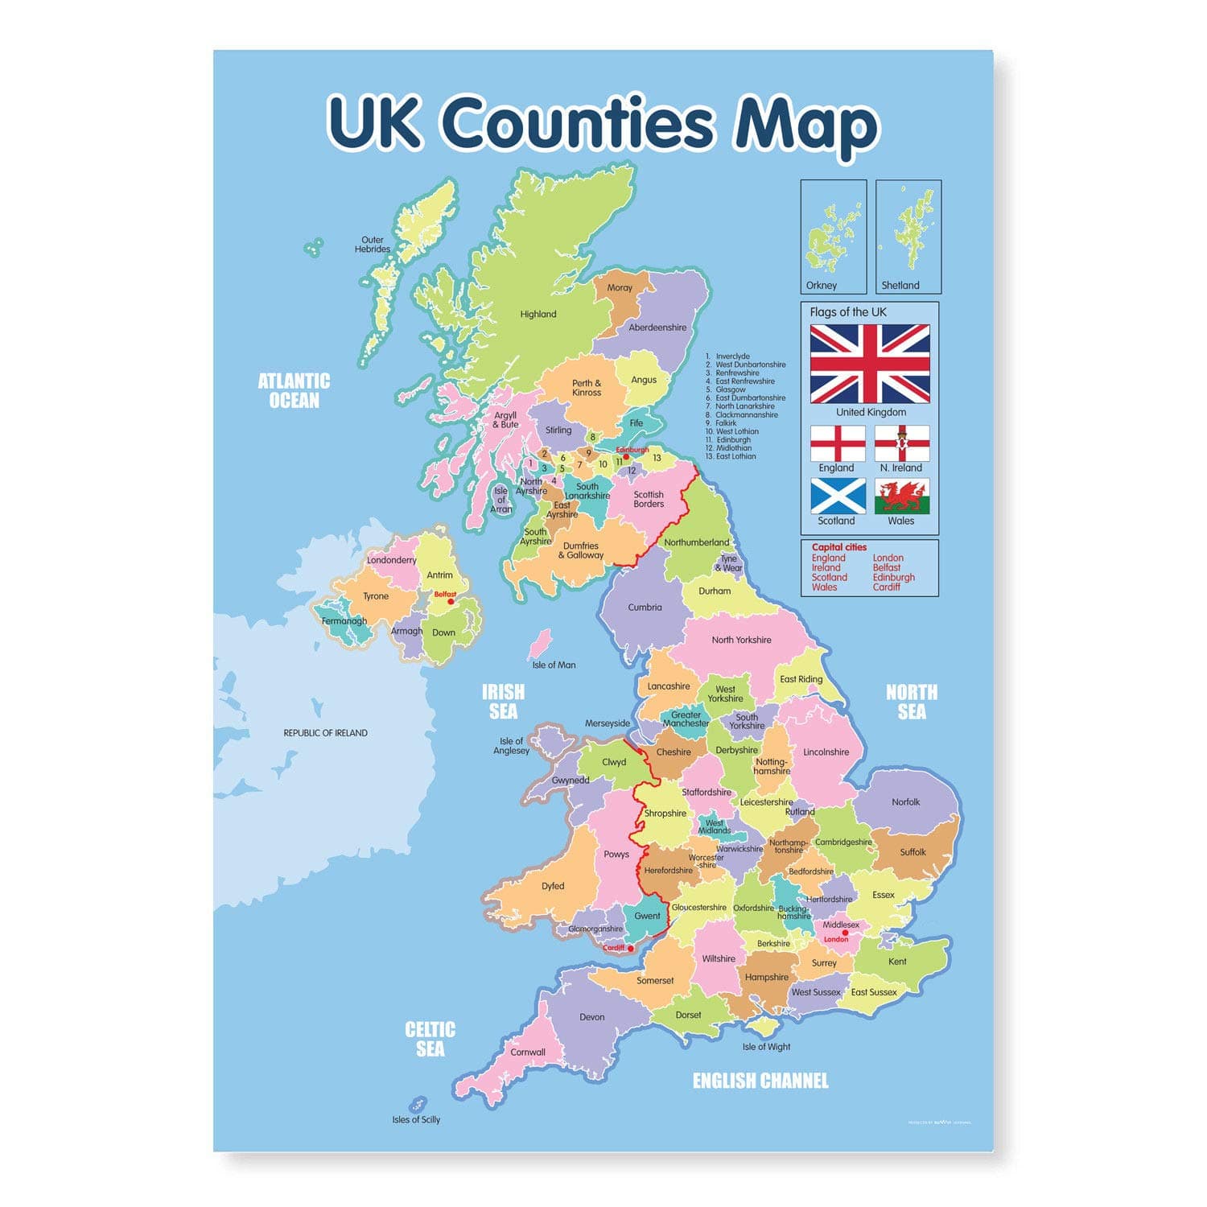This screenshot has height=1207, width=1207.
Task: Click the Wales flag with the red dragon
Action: tap(902, 496)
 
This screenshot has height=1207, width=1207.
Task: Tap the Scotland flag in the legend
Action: tap(838, 496)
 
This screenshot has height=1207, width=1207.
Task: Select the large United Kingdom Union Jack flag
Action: tap(870, 364)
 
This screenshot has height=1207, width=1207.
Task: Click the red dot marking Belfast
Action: tap(451, 601)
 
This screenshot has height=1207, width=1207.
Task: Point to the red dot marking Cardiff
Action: tap(631, 949)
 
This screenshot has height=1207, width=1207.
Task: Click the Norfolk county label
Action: tap(905, 802)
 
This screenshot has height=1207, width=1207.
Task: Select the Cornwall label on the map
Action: tap(528, 1052)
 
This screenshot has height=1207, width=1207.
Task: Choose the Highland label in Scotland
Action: tap(538, 314)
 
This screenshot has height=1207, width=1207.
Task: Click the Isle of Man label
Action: tap(554, 665)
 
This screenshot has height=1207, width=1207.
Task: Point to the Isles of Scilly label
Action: tap(416, 1119)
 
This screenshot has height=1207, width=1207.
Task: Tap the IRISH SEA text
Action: tap(503, 702)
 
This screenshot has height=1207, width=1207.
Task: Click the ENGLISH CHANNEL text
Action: tap(760, 1081)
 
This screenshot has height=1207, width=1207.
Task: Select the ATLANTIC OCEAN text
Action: tap(294, 390)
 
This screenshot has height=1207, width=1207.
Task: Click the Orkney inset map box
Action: tap(834, 237)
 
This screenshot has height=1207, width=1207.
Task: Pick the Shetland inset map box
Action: tap(908, 237)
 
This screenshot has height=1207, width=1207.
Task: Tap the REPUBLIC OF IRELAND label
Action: tap(325, 733)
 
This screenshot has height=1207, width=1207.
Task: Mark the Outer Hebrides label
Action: tap(373, 245)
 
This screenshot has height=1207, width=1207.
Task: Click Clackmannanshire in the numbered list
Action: tap(747, 415)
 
